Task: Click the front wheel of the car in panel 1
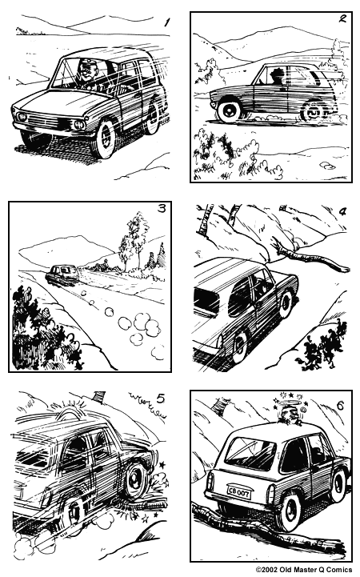click(x=103, y=139)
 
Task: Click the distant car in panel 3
click(x=62, y=274)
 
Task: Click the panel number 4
click(x=342, y=212)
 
